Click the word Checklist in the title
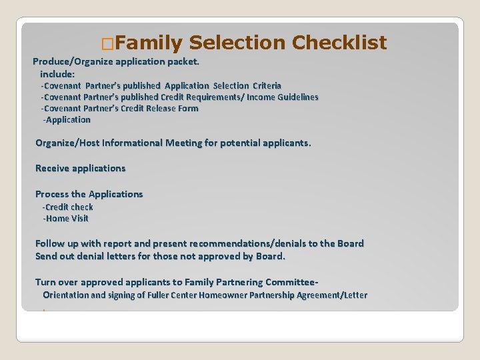(339, 43)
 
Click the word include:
(57, 74)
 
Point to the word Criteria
(267, 86)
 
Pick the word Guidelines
(296, 97)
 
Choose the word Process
(52, 194)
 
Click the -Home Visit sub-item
(65, 219)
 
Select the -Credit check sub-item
(68, 207)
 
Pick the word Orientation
(65, 295)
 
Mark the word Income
(262, 97)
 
